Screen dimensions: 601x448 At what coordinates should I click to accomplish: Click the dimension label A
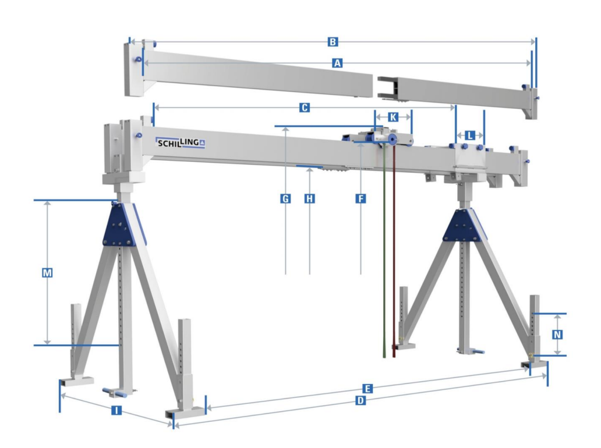pyautogui.click(x=337, y=63)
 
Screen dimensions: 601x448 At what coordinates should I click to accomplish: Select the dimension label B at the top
pyautogui.click(x=333, y=42)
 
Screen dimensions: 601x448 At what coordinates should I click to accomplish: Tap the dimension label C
pyautogui.click(x=305, y=108)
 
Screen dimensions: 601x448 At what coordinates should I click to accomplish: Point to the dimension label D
pyautogui.click(x=360, y=400)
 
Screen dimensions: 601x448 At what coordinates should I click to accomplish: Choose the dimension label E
pyautogui.click(x=367, y=389)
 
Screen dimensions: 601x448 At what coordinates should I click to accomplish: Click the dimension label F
pyautogui.click(x=360, y=198)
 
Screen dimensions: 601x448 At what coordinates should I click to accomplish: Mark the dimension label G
pyautogui.click(x=285, y=198)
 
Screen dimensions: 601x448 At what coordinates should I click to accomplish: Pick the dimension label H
pyautogui.click(x=310, y=198)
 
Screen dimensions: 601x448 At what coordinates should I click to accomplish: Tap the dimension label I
pyautogui.click(x=116, y=411)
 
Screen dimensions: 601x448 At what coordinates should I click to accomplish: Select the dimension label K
pyautogui.click(x=393, y=117)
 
